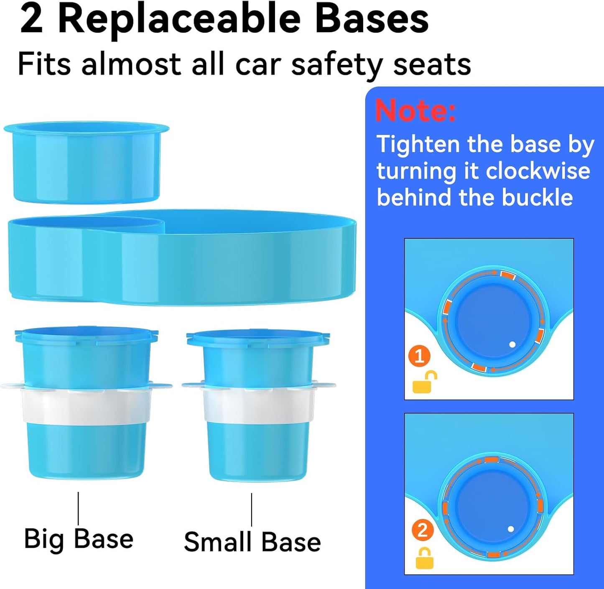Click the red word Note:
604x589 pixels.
click(x=415, y=110)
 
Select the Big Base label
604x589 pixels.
click(x=79, y=539)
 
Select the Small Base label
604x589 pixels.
click(x=252, y=542)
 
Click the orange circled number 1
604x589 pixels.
click(x=419, y=356)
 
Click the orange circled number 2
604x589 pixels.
click(x=422, y=530)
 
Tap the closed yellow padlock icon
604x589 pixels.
click(x=424, y=558)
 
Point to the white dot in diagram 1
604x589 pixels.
click(x=512, y=344)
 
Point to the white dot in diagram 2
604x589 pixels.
click(x=510, y=529)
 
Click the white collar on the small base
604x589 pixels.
click(x=258, y=405)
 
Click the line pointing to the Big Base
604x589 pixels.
click(x=78, y=508)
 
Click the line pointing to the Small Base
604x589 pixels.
click(x=252, y=509)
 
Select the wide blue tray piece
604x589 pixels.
click(x=182, y=257)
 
